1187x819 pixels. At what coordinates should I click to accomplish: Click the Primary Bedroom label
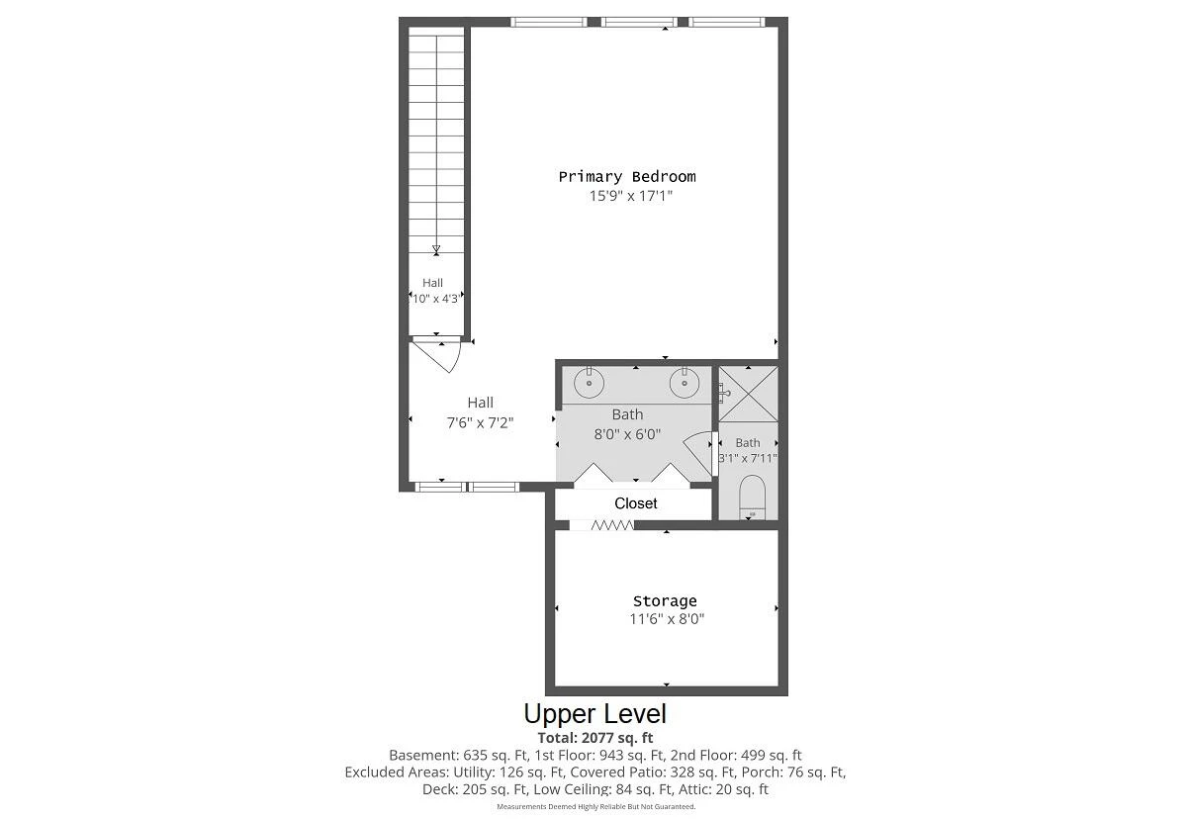(x=627, y=176)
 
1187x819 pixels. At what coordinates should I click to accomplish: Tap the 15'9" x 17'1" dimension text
(x=631, y=196)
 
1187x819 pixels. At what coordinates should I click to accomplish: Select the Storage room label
(x=665, y=600)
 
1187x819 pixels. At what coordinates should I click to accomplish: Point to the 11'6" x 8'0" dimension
(x=667, y=619)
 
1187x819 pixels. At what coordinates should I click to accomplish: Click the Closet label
(x=635, y=503)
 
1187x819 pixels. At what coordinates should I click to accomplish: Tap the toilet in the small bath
(x=752, y=497)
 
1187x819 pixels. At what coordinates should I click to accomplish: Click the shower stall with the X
(x=748, y=394)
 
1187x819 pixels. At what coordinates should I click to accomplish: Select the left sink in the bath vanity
(x=589, y=382)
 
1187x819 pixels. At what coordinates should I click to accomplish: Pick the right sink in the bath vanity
(x=685, y=382)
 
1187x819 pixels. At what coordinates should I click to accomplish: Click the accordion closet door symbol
(x=612, y=525)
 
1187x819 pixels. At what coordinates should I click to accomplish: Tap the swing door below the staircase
(x=436, y=355)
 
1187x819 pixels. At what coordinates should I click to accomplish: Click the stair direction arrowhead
(x=436, y=249)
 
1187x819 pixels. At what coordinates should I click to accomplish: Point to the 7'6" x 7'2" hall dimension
(x=480, y=422)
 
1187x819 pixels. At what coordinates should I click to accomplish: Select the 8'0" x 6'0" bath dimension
(x=627, y=434)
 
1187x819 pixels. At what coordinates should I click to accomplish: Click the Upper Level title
(x=595, y=713)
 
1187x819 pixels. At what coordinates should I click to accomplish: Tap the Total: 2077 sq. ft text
(x=595, y=738)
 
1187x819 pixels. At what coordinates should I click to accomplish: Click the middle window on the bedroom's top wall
(x=639, y=22)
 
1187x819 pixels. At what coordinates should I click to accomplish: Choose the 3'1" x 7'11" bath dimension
(x=748, y=458)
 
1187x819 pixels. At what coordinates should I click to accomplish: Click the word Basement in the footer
(x=421, y=755)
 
